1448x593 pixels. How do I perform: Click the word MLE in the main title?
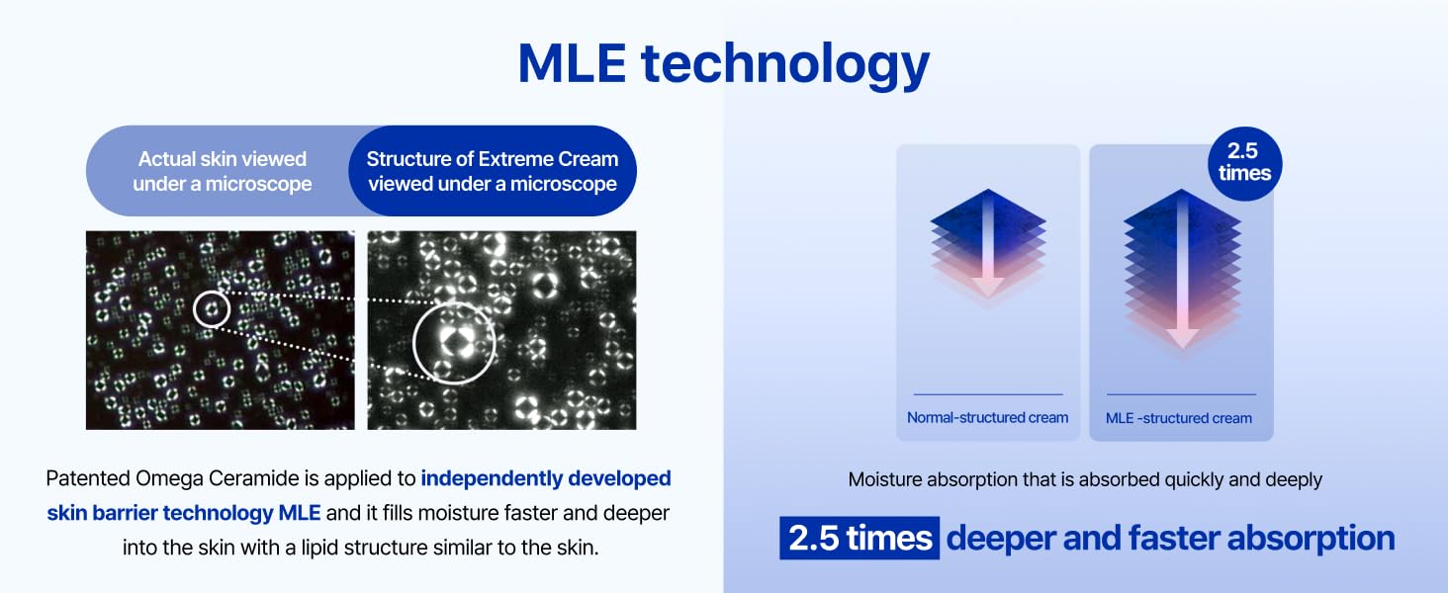(x=572, y=63)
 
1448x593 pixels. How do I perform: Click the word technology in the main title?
(x=784, y=67)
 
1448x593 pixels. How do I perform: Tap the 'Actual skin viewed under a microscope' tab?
(x=223, y=171)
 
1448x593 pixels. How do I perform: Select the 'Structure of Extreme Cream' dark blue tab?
(x=493, y=171)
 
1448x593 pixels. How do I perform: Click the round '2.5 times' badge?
(x=1244, y=163)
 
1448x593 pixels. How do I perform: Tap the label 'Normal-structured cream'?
(x=987, y=418)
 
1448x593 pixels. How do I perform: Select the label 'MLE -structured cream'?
(x=1178, y=419)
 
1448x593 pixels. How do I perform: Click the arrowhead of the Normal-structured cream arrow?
(x=987, y=287)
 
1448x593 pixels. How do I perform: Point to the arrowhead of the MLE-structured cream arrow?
(x=1182, y=338)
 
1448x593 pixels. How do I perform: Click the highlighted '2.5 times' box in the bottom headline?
(x=860, y=538)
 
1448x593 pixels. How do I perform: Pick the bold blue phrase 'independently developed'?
(x=546, y=478)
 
